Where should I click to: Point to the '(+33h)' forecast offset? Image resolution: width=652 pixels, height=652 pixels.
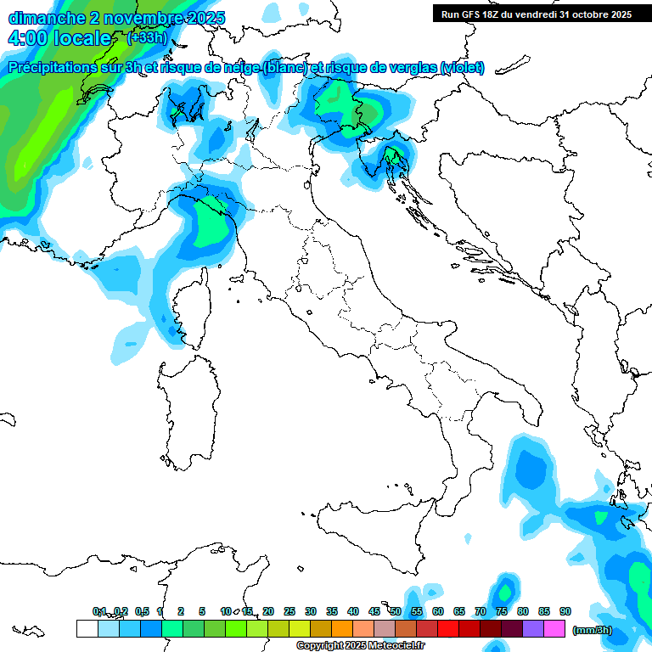click(147, 37)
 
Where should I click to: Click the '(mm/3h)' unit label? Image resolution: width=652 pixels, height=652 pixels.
click(593, 630)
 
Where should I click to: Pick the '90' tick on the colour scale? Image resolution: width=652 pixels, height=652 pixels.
click(565, 611)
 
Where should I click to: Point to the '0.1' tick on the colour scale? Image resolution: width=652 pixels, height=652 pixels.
click(99, 611)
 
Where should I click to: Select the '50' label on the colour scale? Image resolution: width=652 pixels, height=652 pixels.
click(396, 611)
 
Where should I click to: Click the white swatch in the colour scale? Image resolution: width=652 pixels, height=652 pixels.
click(87, 629)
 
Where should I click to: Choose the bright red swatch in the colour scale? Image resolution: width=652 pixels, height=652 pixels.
click(448, 629)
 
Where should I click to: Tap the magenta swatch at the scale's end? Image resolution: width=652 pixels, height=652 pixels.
click(554, 629)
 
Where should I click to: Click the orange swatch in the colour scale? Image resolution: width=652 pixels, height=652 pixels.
click(342, 629)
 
